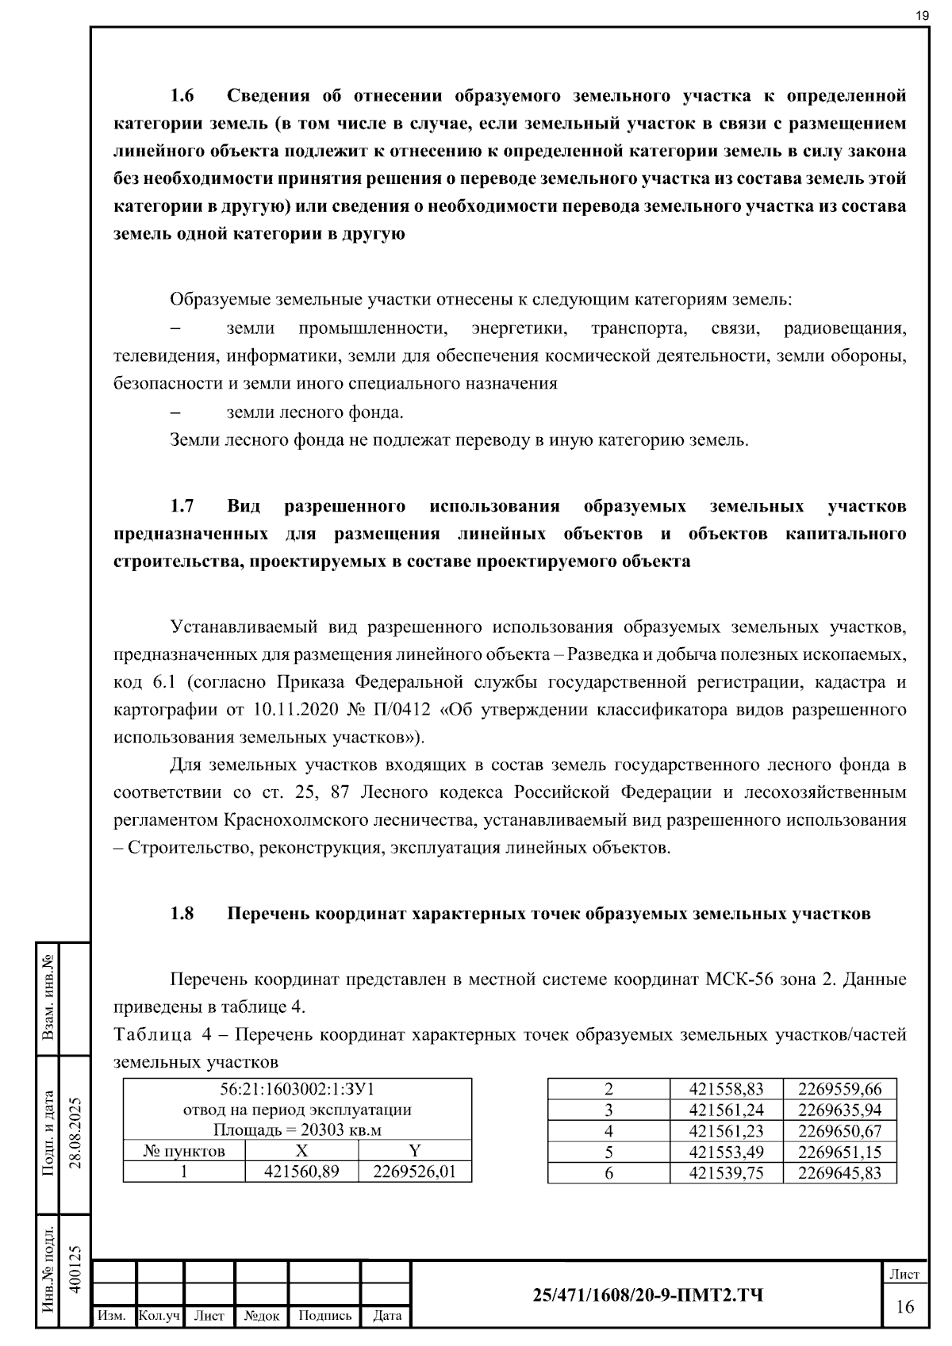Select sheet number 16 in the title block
point(905,1306)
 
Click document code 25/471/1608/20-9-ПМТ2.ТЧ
point(648,1295)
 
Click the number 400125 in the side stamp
point(75,1269)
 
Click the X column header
point(301,1151)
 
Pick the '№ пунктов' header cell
point(184,1151)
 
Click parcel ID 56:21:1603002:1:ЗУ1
point(297,1089)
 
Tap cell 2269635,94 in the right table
point(839,1110)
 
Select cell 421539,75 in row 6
point(726,1173)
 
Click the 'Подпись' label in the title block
point(324,1316)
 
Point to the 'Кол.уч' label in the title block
point(159,1316)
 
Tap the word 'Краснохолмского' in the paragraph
point(287,819)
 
